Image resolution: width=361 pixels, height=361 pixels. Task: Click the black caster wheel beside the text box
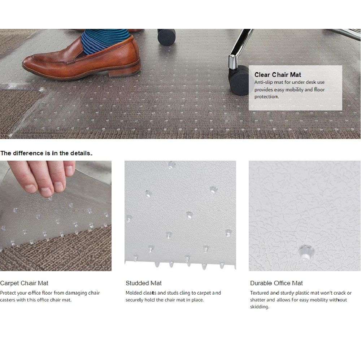point(239,80)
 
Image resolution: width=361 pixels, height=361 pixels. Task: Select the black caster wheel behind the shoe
point(166,36)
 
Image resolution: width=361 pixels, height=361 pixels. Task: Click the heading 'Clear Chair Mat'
point(278,75)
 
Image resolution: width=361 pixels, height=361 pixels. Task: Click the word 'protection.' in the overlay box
point(266,97)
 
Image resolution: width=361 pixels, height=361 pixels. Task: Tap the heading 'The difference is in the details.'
point(46,153)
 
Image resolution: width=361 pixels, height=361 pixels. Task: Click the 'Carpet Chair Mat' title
point(24,283)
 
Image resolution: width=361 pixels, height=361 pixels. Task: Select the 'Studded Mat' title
point(143,283)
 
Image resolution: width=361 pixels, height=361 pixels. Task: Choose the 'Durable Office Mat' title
point(276,283)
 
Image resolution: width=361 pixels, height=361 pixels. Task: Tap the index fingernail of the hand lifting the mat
point(46,192)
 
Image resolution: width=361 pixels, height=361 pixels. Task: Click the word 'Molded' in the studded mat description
point(134,293)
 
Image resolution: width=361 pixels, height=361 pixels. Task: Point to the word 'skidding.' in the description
point(260,306)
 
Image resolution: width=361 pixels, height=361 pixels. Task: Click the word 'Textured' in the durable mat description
point(260,293)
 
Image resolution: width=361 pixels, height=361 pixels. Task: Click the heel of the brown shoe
point(125,71)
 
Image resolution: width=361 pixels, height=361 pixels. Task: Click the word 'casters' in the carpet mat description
point(7,300)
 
